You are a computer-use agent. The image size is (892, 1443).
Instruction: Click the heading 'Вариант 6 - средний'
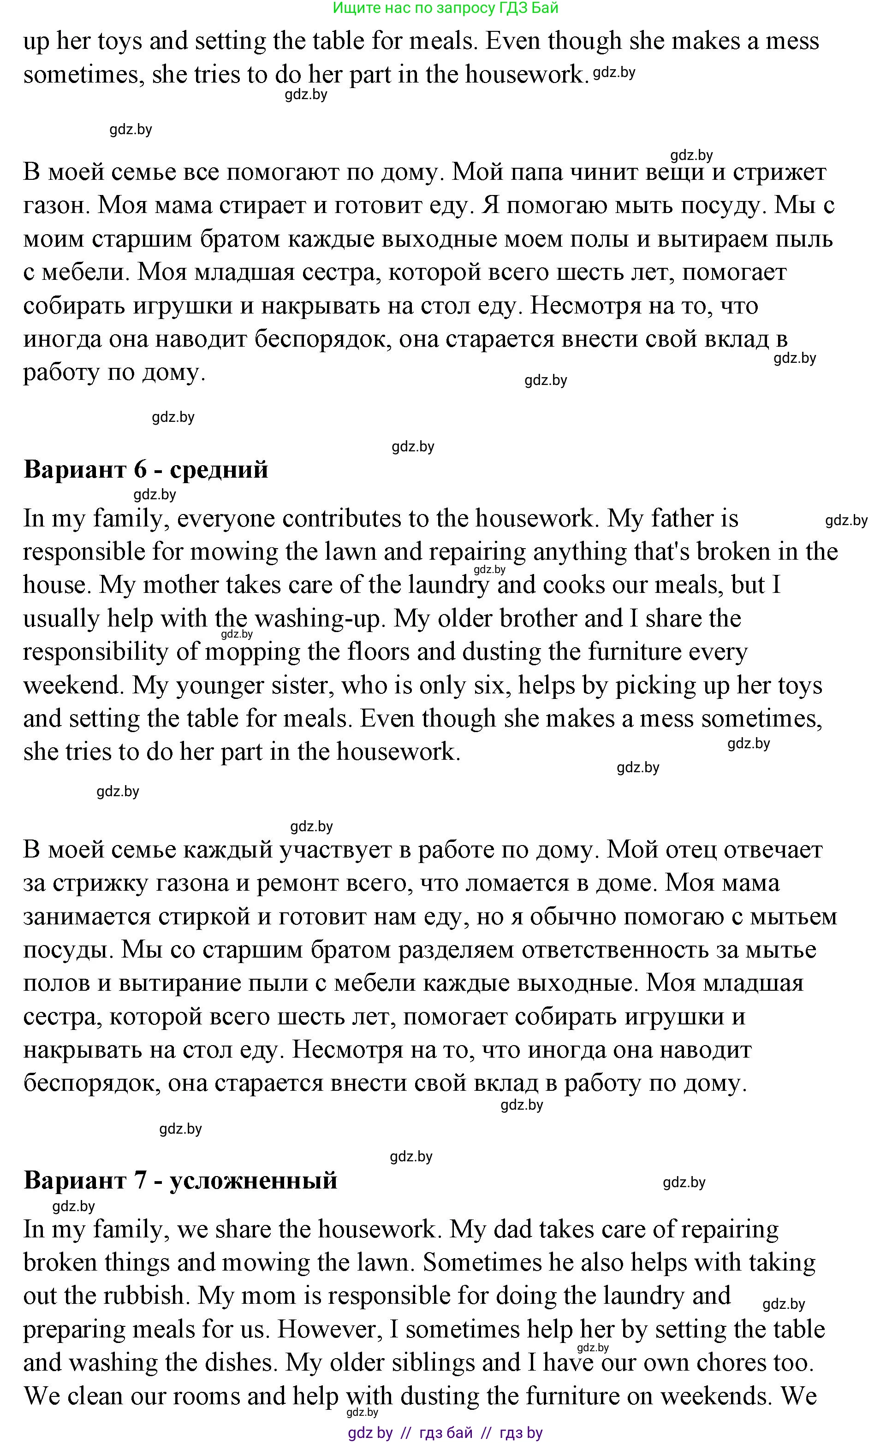(146, 470)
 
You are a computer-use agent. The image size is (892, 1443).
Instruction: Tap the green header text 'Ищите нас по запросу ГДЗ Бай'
(446, 8)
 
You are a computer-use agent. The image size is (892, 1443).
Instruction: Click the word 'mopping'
(252, 652)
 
